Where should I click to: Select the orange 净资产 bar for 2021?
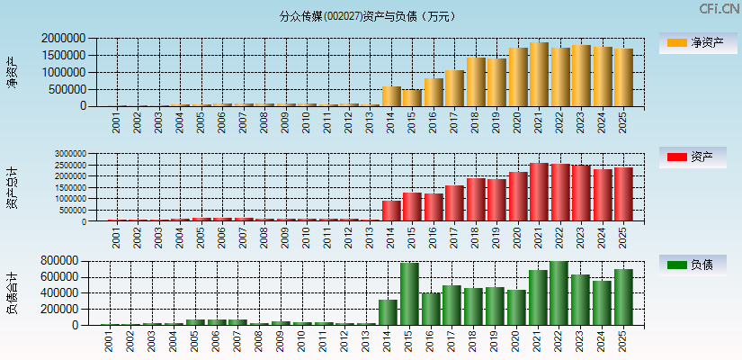click(x=539, y=75)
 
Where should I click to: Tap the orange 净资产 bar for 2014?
click(x=391, y=96)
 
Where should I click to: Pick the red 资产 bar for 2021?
click(x=539, y=192)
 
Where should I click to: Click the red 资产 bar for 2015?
click(x=412, y=206)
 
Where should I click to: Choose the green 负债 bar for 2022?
click(x=559, y=293)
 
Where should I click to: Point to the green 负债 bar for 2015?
click(x=410, y=294)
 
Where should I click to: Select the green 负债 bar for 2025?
click(x=623, y=297)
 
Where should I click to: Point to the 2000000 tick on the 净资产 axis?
click(x=64, y=39)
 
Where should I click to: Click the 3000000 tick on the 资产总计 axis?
click(x=68, y=154)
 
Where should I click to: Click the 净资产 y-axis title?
click(x=13, y=72)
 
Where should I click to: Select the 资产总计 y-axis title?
click(x=13, y=187)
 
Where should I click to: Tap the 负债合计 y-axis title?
click(x=13, y=292)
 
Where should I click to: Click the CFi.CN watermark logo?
click(x=719, y=9)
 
